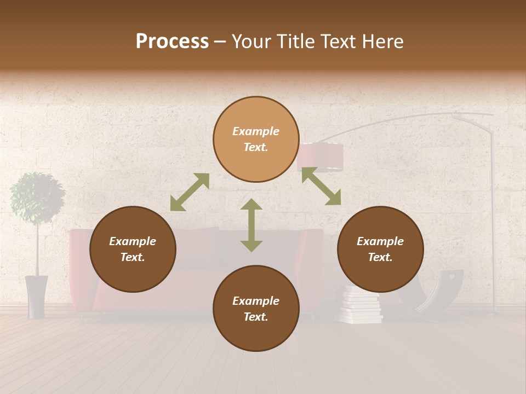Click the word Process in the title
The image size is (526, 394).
172,42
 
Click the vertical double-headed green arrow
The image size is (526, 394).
251,225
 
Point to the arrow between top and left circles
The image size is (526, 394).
190,192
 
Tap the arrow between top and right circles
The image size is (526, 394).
321,186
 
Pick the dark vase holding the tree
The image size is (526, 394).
36,296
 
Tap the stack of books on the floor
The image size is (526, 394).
360,306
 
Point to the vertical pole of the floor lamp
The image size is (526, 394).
494,219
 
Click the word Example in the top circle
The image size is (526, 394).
256,131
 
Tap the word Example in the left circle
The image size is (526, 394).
133,241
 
